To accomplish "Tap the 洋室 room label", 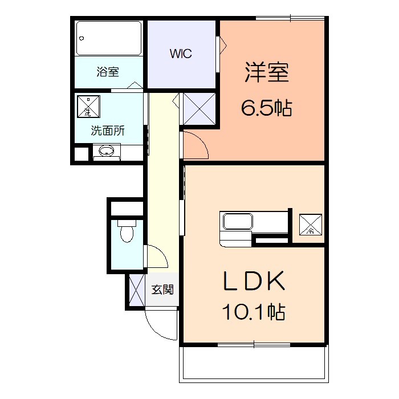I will [267, 73].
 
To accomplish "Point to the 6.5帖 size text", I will [267, 107].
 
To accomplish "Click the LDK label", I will [253, 282].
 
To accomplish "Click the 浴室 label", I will [108, 72].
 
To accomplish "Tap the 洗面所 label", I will [108, 130].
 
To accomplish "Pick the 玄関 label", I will [162, 290].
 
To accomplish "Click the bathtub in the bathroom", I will [108, 38].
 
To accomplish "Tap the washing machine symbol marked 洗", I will [89, 107].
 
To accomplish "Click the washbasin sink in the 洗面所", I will [106, 152].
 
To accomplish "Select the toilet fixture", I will [126, 231].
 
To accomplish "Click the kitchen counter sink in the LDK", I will [237, 221].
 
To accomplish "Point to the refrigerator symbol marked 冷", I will [311, 224].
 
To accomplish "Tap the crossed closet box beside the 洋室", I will [199, 108].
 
